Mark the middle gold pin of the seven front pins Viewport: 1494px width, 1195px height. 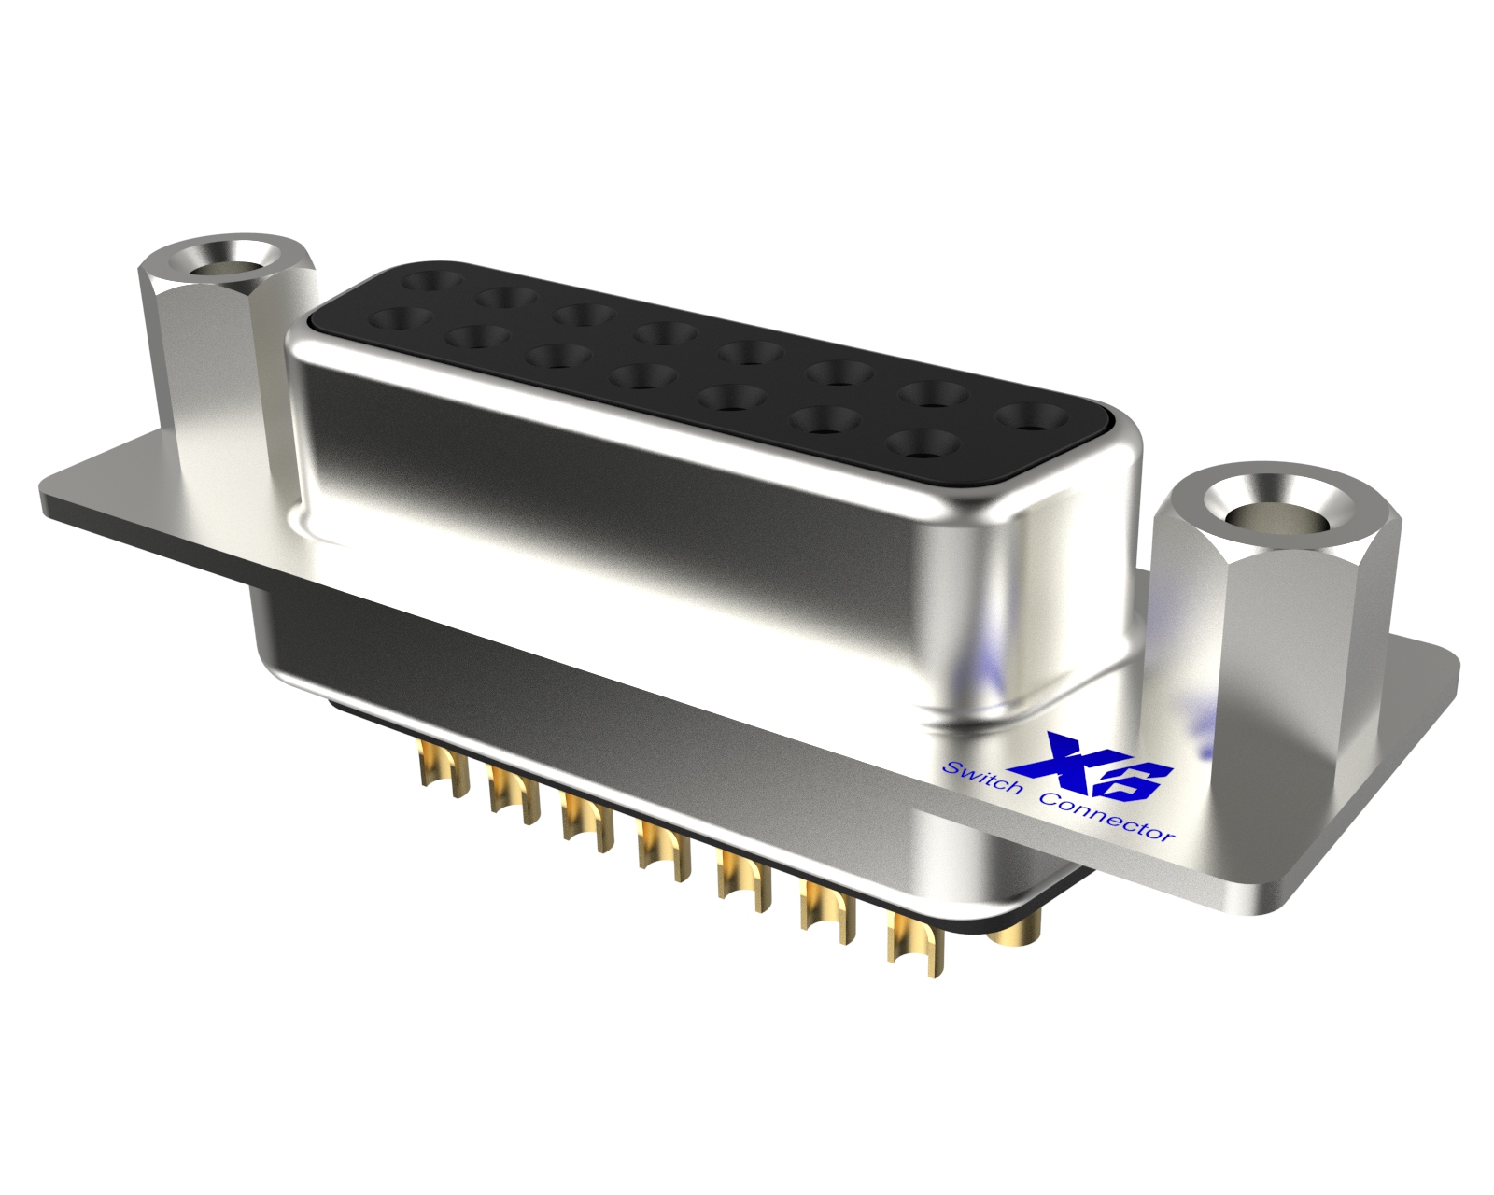coord(663,850)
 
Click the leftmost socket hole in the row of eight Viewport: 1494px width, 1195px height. coord(431,278)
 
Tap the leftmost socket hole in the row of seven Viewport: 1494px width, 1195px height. coord(401,318)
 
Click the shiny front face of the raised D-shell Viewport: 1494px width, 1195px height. coord(654,523)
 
